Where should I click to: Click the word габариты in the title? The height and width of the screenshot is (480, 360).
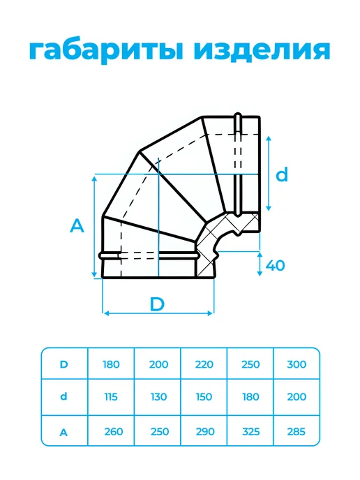[106, 50]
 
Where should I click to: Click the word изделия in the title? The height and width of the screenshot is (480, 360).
[262, 50]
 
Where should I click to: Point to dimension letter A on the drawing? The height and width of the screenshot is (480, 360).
[77, 226]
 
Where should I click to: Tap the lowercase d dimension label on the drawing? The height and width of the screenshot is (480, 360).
[282, 174]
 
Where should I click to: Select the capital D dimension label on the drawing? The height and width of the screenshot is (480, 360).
[157, 304]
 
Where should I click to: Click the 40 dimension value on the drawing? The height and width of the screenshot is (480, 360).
[275, 265]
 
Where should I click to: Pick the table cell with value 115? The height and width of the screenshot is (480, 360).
[111, 397]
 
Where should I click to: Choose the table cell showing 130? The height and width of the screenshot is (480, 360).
[159, 397]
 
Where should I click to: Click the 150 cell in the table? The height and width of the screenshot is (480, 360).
[204, 397]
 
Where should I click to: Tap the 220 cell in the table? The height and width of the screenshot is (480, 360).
[204, 364]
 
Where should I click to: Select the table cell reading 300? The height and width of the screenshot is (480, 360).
[297, 364]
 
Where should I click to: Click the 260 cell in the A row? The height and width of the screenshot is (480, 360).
[114, 432]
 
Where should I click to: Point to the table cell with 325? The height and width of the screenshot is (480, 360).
[250, 432]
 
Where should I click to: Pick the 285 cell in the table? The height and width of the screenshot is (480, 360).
[297, 432]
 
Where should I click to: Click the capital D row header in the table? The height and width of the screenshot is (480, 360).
[63, 364]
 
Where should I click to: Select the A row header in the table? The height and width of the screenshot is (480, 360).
[63, 433]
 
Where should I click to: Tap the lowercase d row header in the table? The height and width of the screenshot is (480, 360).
[63, 396]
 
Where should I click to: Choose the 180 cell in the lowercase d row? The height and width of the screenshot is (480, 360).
[250, 397]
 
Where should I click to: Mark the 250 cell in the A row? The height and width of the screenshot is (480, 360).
[160, 432]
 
